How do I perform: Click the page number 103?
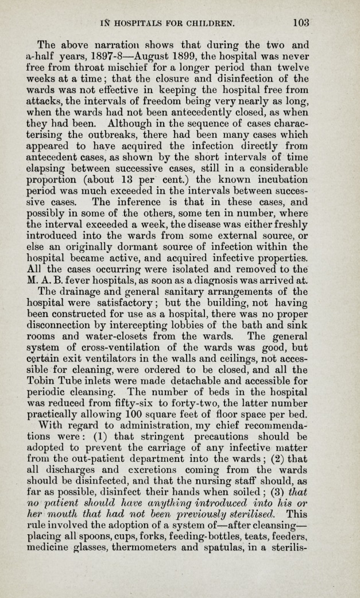[x=300, y=24]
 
